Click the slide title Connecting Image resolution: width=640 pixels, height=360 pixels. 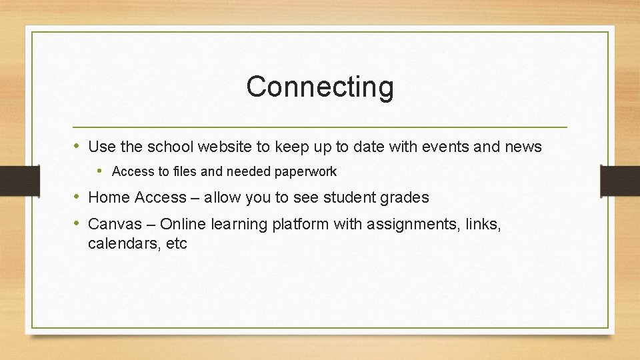(320, 87)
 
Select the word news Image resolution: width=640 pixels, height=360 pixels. (525, 146)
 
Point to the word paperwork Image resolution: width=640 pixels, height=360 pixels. (305, 172)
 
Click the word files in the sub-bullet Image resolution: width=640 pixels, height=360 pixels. (185, 171)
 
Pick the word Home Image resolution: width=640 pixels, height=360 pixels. (109, 197)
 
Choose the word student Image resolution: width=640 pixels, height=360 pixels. (349, 197)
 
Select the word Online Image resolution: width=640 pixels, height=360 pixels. (183, 224)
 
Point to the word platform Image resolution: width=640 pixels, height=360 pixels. (300, 225)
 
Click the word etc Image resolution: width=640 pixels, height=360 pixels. (177, 244)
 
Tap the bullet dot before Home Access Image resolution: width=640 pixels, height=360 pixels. (78, 197)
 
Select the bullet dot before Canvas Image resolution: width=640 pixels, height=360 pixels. (78, 223)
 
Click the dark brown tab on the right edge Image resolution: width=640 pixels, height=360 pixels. (620, 181)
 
